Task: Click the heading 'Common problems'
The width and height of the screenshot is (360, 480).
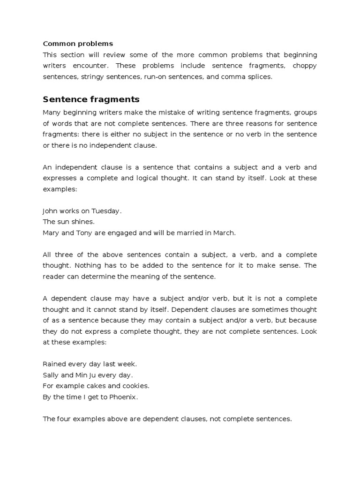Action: click(x=78, y=44)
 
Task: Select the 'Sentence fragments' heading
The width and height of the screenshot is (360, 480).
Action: click(x=91, y=99)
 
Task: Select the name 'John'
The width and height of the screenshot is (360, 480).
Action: click(x=51, y=211)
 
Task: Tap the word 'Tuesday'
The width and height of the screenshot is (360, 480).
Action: click(x=106, y=211)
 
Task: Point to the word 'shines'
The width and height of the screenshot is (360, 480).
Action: click(x=83, y=222)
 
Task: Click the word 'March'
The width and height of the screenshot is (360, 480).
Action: click(x=224, y=232)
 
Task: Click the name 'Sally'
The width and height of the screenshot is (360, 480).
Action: click(x=51, y=375)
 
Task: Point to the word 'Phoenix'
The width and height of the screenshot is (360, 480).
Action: click(x=124, y=397)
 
